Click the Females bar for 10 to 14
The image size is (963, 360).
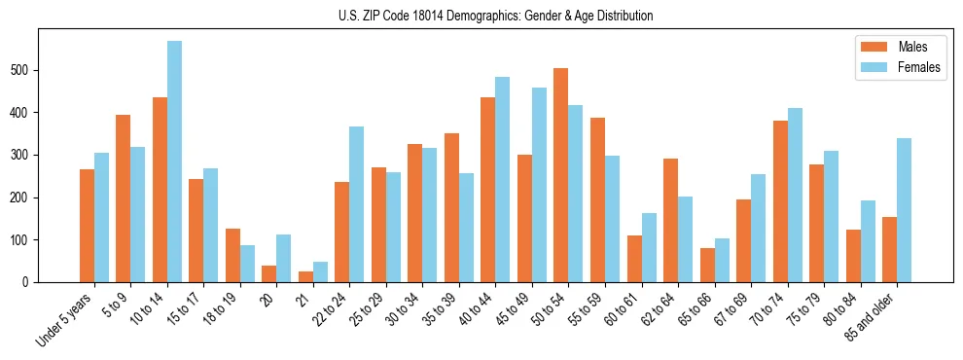[174, 162]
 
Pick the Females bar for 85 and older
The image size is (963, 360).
[904, 210]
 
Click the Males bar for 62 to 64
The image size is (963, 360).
[670, 220]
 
